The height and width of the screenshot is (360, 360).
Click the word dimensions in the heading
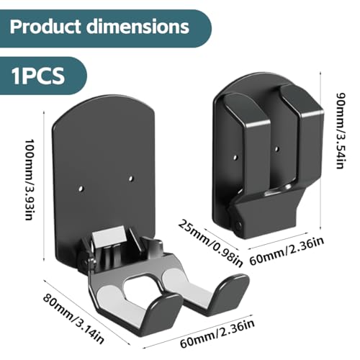pos(138,26)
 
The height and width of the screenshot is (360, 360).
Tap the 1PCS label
pos(38,76)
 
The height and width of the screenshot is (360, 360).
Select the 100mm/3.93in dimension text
pos(29,179)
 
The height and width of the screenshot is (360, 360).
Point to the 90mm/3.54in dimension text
pos(341,131)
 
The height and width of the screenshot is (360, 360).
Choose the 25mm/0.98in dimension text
pos(210,243)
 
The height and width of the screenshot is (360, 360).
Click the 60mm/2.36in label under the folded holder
pos(287,251)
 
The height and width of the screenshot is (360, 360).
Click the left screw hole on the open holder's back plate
pos(81,188)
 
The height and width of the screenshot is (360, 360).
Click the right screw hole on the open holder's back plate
pos(131,179)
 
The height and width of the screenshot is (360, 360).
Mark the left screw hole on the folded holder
pos(235,158)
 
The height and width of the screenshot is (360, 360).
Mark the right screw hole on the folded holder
pos(276,149)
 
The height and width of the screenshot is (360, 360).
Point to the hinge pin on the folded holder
pos(238,225)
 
